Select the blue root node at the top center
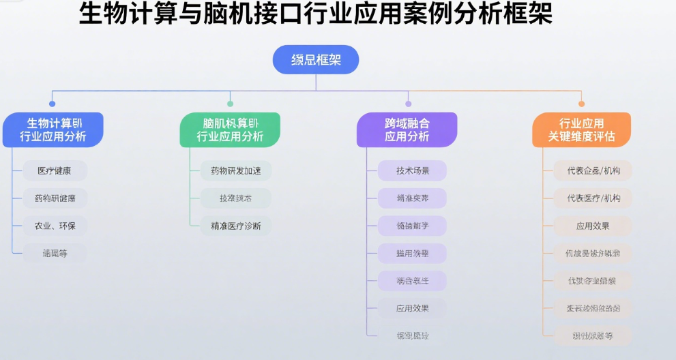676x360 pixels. [316, 60]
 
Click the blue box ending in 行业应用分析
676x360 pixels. [53, 130]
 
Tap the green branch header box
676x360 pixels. [230, 130]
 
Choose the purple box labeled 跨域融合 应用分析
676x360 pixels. [407, 130]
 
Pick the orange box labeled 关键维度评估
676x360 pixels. [581, 130]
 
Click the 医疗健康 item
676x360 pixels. [54, 170]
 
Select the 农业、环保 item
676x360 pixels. [54, 226]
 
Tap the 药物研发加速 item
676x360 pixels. [236, 170]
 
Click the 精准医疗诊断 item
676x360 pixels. [236, 226]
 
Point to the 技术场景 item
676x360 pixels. [413, 170]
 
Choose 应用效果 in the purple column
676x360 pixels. [413, 308]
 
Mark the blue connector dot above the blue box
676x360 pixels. [53, 104]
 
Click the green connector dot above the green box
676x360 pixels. [230, 104]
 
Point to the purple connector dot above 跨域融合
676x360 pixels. [408, 104]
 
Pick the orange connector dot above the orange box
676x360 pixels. [581, 104]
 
